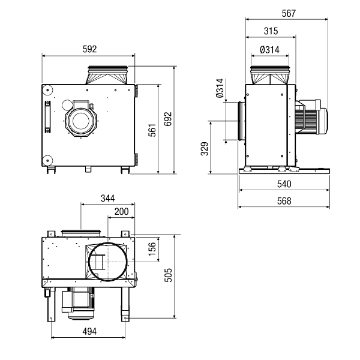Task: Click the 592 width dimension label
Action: point(89,49)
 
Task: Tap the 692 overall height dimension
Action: point(168,119)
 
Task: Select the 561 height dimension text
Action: point(152,130)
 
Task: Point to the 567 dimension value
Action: point(289,13)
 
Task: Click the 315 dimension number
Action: point(271,31)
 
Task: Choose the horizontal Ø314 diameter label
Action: point(269,50)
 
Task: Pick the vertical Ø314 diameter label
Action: point(220,88)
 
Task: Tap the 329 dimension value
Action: point(205,149)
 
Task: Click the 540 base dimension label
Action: point(284,184)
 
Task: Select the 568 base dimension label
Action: point(284,201)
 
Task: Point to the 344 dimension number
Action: point(107,198)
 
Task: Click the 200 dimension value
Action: point(121,211)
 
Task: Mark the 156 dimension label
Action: point(152,249)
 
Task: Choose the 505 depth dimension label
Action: point(168,275)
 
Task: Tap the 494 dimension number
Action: point(89,331)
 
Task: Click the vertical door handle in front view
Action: point(47,117)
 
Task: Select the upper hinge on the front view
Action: point(136,91)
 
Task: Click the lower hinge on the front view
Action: point(136,160)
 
